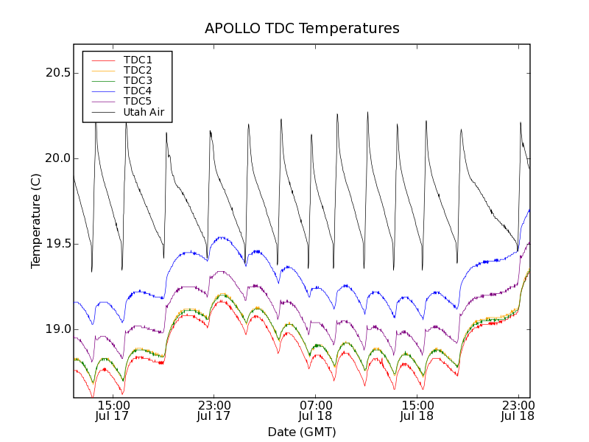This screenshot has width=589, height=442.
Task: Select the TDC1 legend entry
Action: pos(138,60)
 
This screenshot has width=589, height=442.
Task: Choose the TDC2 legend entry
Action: pos(138,70)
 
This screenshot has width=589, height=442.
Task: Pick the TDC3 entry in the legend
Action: pos(138,80)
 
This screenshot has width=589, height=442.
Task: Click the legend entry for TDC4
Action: pos(138,91)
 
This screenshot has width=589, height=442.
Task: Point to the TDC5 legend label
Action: pos(138,101)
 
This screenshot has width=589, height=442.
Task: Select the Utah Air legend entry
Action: pos(144,112)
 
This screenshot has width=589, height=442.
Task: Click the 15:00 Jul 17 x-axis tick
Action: pos(112,410)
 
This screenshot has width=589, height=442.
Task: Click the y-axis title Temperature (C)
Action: pos(36,221)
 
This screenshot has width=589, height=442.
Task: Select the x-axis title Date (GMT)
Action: pos(302,432)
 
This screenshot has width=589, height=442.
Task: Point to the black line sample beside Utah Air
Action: pos(103,112)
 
